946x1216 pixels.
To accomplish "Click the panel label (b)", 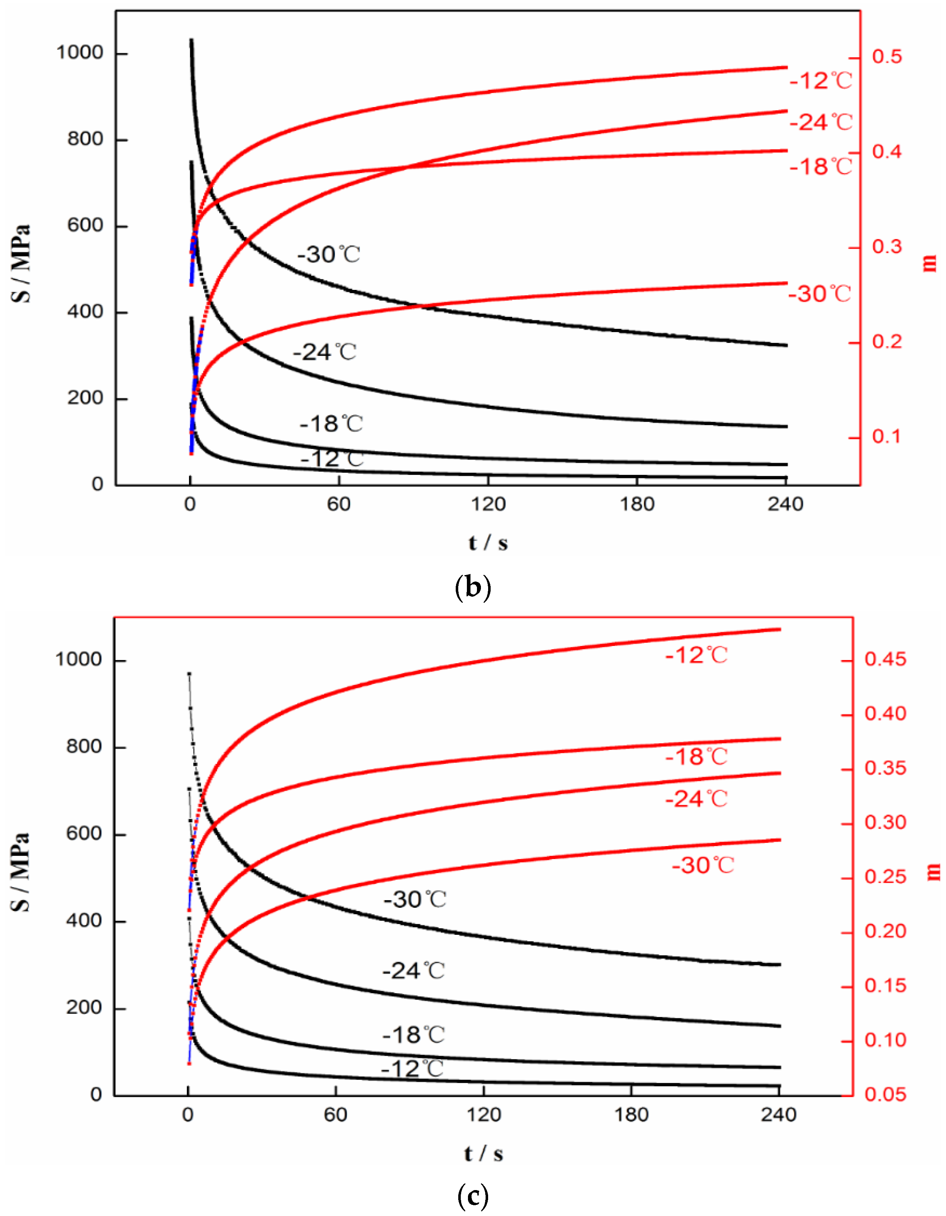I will coord(472,587).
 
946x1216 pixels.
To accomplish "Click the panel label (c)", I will coord(472,1195).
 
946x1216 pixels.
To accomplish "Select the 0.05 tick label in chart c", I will coord(885,1095).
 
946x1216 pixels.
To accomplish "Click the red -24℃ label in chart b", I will coord(821,122).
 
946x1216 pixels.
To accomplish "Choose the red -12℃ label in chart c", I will coord(696,655).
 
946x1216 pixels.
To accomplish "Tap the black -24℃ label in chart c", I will coord(413,971).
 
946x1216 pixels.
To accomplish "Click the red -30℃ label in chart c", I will coord(703,865).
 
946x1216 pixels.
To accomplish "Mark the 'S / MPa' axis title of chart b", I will coord(21,263).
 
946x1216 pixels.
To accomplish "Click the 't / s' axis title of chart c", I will coord(483,1153).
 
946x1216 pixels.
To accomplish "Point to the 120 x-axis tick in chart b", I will coord(488,504).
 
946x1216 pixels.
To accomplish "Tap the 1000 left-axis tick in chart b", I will coord(80,53).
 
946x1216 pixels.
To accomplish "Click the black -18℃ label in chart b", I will coord(331,424).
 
